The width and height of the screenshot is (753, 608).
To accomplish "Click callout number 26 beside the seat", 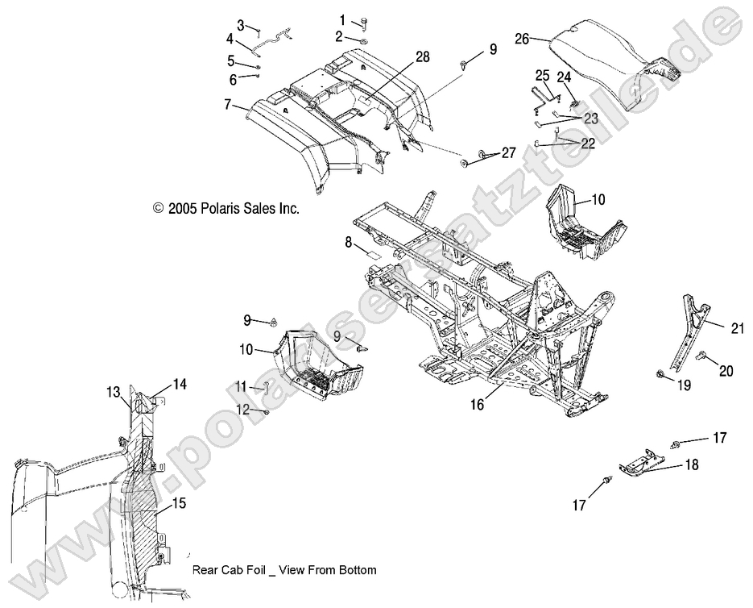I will pyautogui.click(x=522, y=38).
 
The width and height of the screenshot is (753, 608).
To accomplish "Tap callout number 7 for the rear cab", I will pyautogui.click(x=227, y=106).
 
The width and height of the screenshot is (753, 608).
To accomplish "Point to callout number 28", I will pyautogui.click(x=422, y=56).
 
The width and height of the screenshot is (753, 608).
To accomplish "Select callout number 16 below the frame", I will pyautogui.click(x=478, y=404).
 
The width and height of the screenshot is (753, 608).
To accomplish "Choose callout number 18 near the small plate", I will pyautogui.click(x=691, y=465).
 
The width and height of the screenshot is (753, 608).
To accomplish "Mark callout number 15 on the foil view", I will pyautogui.click(x=179, y=503).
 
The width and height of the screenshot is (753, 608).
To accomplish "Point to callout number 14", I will pyautogui.click(x=179, y=385).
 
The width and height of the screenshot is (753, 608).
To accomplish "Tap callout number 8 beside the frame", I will pyautogui.click(x=348, y=241).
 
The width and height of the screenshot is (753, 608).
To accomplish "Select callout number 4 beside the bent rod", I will pyautogui.click(x=230, y=38).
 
